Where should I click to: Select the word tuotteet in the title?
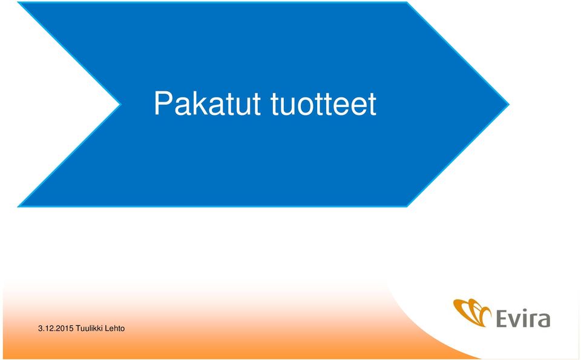click(324, 104)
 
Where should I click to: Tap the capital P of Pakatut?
click(163, 103)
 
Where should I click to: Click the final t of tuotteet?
click(372, 104)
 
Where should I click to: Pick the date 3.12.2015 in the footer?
click(56, 329)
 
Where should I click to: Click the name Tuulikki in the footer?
click(89, 329)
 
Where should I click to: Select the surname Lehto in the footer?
click(115, 329)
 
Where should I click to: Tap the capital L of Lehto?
click(107, 329)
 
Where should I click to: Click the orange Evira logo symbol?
click(471, 312)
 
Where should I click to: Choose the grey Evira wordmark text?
click(522, 319)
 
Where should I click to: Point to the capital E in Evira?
click(502, 319)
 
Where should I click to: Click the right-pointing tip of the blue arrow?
click(509, 105)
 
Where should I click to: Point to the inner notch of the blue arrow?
click(120, 105)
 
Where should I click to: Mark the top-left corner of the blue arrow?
click(18, 2)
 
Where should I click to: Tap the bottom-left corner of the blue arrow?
click(18, 206)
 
